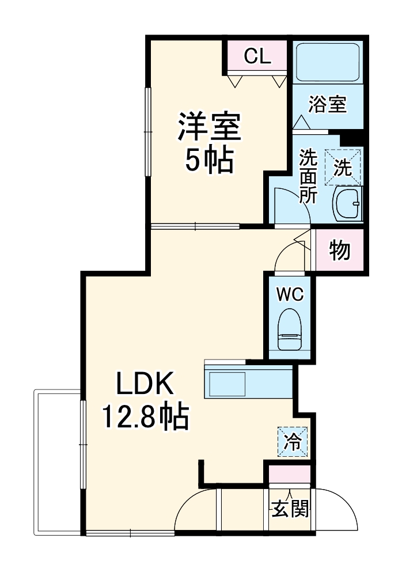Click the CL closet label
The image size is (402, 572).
[x=257, y=56]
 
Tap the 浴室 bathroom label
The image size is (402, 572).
[x=327, y=104]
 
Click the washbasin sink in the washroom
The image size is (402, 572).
[x=348, y=204]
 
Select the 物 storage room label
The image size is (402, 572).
[x=340, y=251]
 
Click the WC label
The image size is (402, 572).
[x=289, y=294]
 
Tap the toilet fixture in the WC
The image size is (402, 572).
[x=289, y=331]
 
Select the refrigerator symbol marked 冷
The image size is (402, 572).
[x=293, y=442]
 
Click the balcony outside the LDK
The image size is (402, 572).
[x=58, y=461]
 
